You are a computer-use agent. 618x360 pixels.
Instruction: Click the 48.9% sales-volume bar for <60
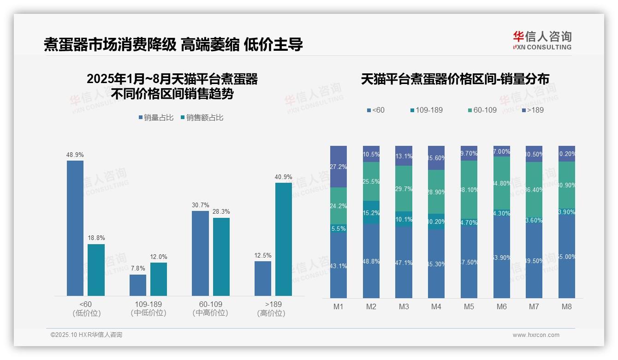point(75,228)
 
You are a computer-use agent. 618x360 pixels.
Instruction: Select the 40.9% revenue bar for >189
point(284,239)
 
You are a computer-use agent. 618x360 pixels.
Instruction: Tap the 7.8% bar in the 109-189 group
point(138,285)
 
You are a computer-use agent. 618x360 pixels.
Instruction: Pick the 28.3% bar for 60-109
point(221,257)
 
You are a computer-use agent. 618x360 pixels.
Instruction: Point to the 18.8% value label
point(96,238)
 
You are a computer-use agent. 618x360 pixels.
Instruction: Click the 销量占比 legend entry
point(156,118)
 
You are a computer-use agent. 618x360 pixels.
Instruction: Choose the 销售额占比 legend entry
point(202,118)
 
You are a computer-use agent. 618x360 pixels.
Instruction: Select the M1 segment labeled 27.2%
point(339,167)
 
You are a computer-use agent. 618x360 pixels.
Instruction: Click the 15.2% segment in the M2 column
point(371,212)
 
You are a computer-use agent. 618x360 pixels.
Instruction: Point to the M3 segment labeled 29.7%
point(404,189)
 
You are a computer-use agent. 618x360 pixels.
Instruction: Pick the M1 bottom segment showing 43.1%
point(339,266)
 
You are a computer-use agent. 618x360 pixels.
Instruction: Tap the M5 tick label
point(469,306)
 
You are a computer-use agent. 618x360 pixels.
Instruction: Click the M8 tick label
point(567,306)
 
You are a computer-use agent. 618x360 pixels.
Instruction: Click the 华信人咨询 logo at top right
point(542,40)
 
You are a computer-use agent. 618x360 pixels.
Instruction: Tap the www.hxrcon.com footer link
point(536,335)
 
